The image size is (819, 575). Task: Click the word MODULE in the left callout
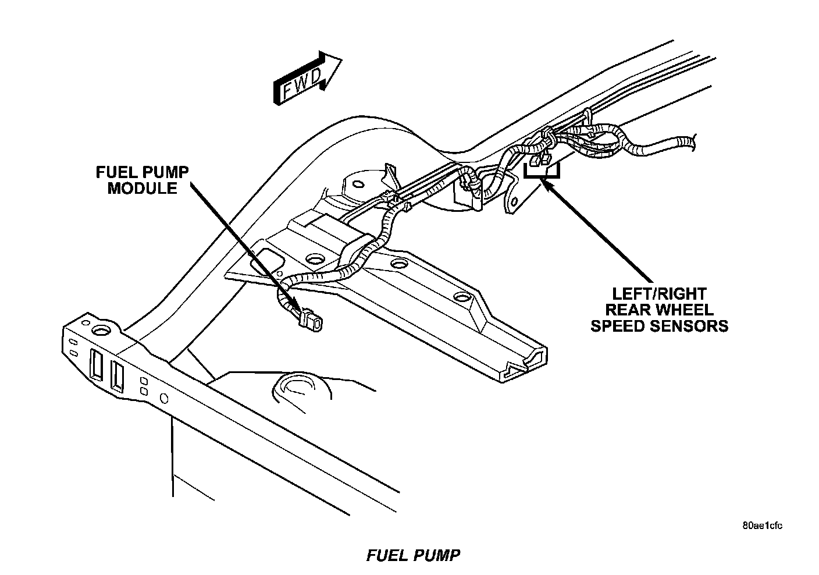tap(143, 188)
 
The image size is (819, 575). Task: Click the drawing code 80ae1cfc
tap(762, 526)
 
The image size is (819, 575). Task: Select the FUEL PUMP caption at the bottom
tap(413, 555)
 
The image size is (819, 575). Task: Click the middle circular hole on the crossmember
tap(398, 264)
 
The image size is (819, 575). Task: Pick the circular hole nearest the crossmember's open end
tap(461, 297)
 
